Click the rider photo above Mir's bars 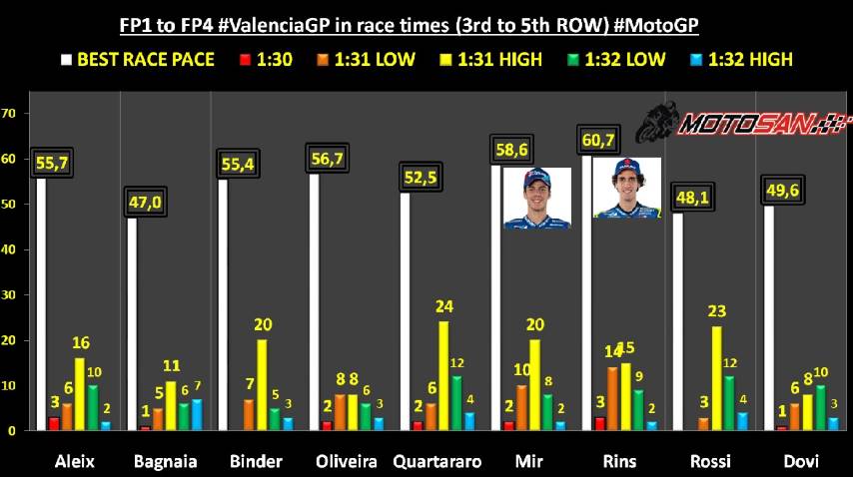(537, 199)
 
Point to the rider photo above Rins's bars (626, 188)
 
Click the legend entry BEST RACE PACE (138, 59)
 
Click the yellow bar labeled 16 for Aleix (80, 394)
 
